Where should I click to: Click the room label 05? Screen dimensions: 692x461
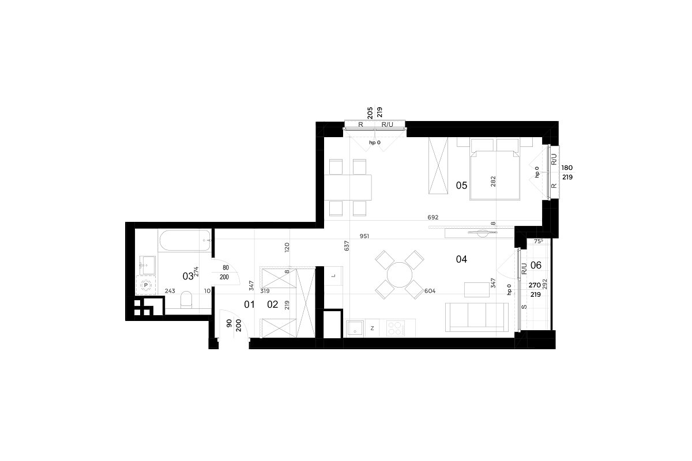(x=461, y=186)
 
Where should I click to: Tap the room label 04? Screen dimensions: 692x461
(x=461, y=259)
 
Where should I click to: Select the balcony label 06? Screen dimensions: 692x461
(x=536, y=265)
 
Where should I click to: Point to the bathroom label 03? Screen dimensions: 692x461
(x=188, y=277)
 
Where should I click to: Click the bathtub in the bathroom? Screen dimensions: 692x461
(x=185, y=240)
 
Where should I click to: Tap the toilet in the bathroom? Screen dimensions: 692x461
(x=186, y=300)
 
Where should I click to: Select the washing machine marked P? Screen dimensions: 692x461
(x=146, y=285)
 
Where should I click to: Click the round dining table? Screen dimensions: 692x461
(x=400, y=275)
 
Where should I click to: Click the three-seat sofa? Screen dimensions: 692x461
(x=477, y=317)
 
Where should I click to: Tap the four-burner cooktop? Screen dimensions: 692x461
(x=396, y=328)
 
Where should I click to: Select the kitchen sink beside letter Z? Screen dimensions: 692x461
(x=355, y=328)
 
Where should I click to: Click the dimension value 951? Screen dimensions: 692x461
(x=364, y=236)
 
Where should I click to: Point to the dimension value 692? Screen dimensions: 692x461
(x=433, y=217)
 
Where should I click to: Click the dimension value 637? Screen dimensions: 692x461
(x=347, y=246)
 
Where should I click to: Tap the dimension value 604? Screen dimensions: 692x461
(x=430, y=291)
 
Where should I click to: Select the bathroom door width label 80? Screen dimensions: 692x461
(x=226, y=268)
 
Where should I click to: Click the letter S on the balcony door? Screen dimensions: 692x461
(x=524, y=307)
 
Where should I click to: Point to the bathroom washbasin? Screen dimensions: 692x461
(x=148, y=265)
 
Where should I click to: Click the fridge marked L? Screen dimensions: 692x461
(x=333, y=275)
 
